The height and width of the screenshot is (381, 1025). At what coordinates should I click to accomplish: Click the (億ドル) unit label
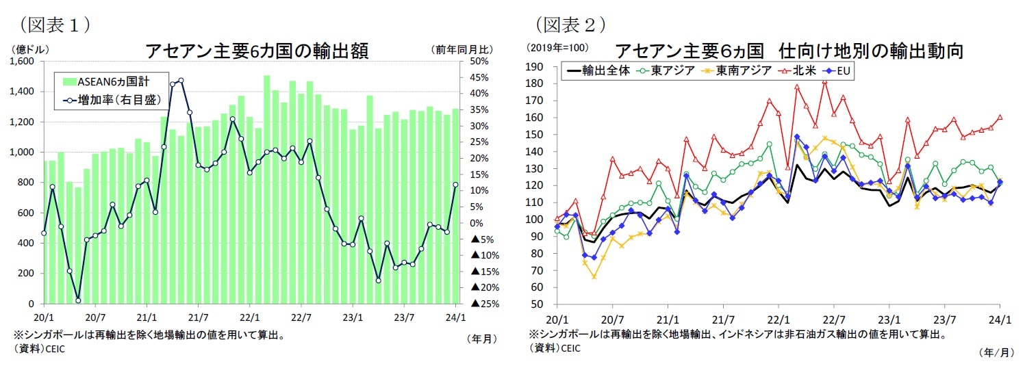[x=28, y=49]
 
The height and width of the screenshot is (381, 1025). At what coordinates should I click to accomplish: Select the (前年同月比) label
[x=460, y=49]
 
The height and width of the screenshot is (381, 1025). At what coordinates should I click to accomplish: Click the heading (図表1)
[x=55, y=25]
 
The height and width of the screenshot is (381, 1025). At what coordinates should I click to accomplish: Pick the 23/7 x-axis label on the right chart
[x=945, y=319]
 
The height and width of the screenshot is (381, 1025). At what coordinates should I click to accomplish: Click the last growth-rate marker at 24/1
[x=455, y=184]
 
